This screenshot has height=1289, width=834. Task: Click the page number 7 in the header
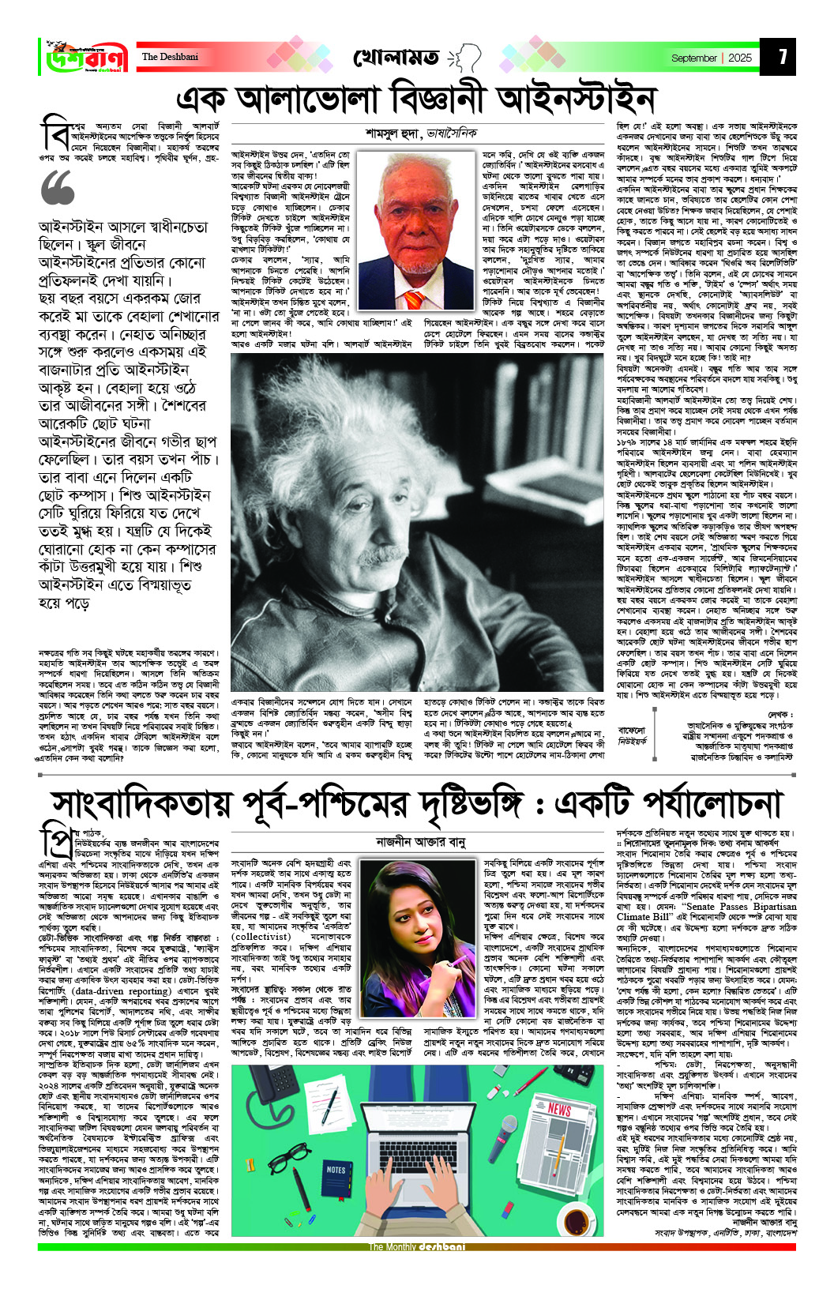782,57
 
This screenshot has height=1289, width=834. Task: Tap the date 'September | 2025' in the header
711,58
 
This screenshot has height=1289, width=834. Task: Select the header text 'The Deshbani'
170,57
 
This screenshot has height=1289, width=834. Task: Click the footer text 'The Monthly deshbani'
416,1247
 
